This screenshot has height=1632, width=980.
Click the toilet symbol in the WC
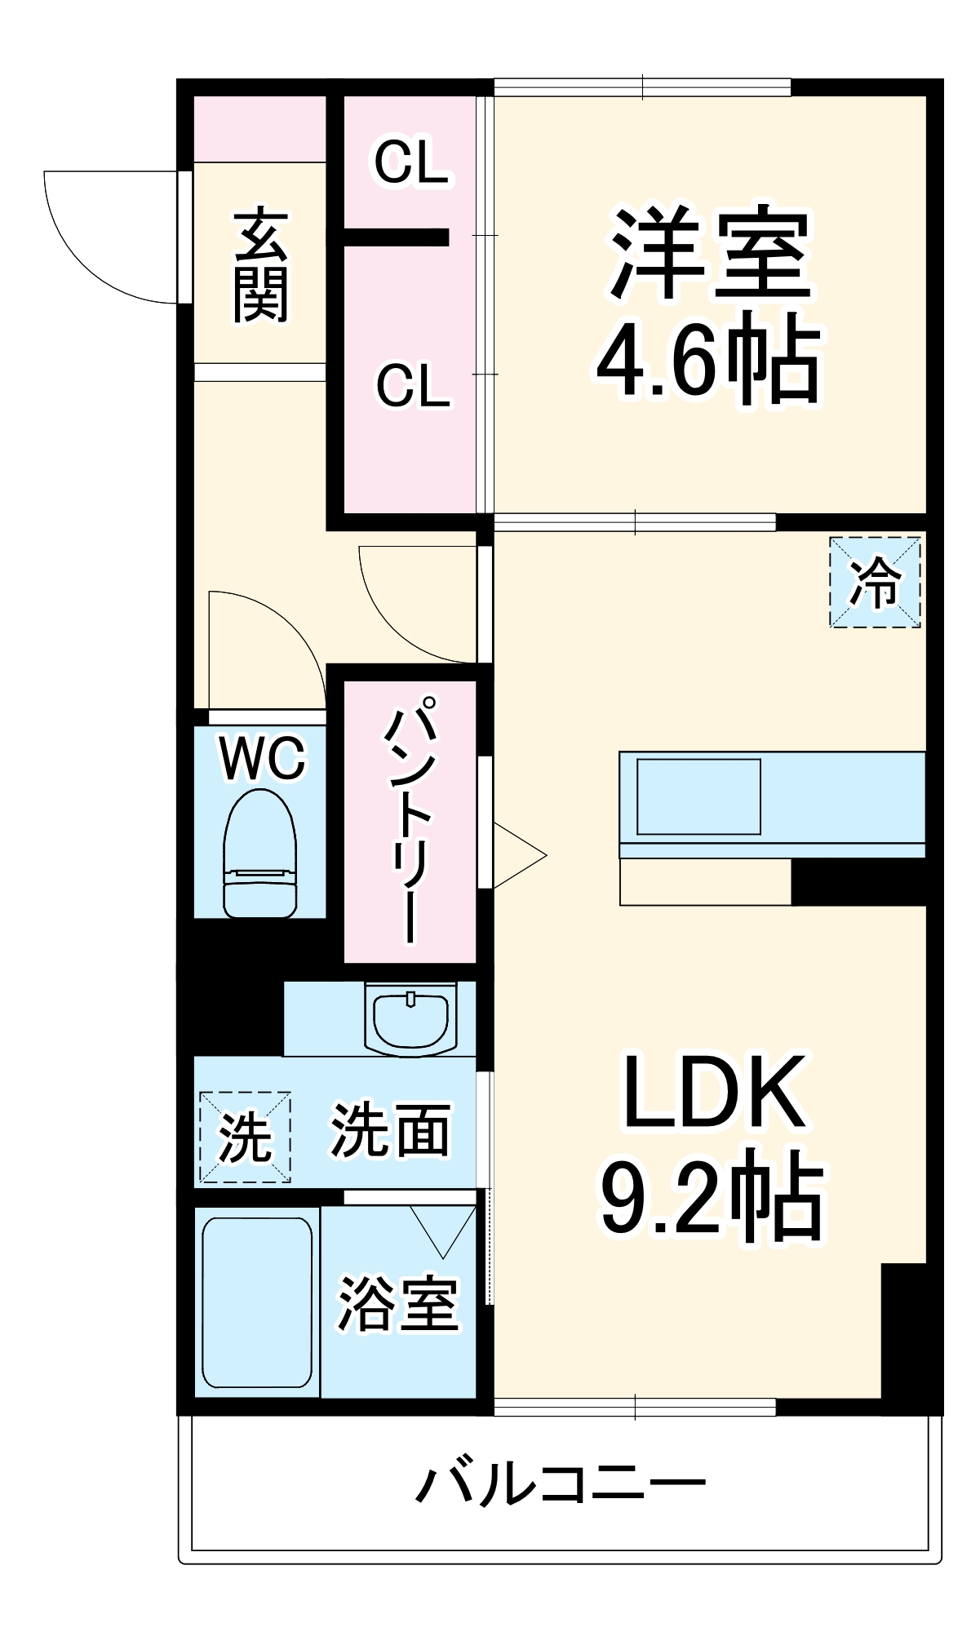coord(260,854)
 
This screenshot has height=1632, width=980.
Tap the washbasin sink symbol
coord(410,1020)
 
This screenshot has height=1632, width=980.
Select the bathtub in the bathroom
coord(257,1302)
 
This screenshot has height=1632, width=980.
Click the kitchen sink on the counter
coord(698,796)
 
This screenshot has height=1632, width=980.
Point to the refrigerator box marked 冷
coord(875,582)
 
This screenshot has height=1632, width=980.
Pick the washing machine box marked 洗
coord(245,1137)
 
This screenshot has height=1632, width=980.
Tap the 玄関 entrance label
coord(261,266)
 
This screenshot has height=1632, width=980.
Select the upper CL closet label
coord(411,162)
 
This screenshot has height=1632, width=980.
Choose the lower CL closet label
coord(413,385)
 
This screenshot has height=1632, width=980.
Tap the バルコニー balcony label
coord(561,1484)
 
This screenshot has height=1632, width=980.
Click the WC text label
coord(261,758)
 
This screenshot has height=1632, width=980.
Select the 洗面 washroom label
coord(390,1131)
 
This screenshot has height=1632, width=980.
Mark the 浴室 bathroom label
coord(397,1303)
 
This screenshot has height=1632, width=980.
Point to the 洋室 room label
coord(710,253)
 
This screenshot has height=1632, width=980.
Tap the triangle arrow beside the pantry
coord(516,855)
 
